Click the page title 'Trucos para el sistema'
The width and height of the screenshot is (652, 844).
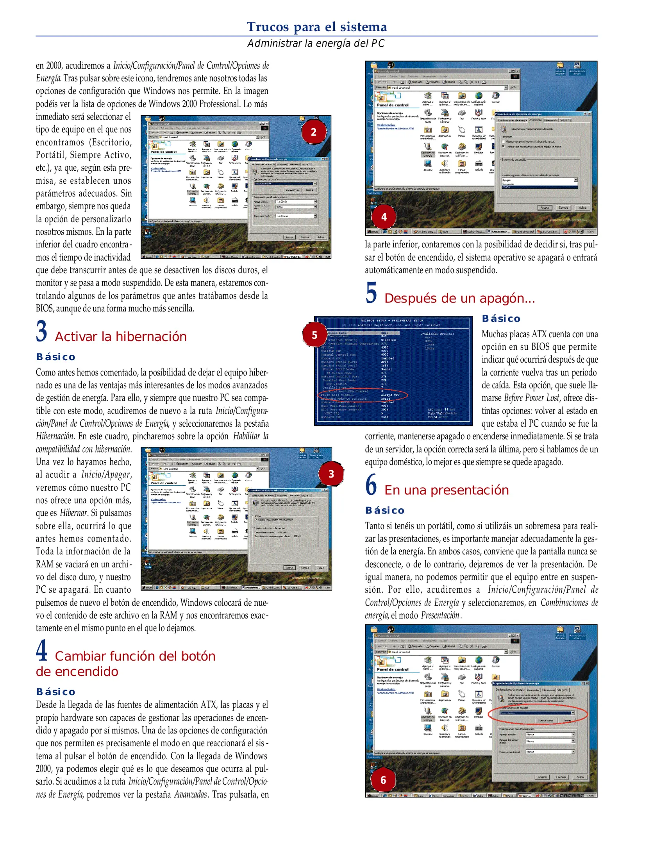coord(316,27)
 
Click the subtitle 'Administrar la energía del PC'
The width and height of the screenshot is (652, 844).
coord(316,43)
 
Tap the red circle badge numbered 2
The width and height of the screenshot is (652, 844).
coord(314,132)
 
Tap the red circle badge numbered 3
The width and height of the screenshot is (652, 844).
coord(331,474)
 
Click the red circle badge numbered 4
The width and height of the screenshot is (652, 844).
coord(384,217)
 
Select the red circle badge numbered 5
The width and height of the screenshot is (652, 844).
coord(314,335)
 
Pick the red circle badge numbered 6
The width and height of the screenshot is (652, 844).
coord(383,780)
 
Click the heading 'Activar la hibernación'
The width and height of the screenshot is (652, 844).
coord(121,336)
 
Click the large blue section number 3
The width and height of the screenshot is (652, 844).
coord(42,331)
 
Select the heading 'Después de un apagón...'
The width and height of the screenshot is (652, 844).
coord(459,298)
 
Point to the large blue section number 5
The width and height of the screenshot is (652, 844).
coord(371,293)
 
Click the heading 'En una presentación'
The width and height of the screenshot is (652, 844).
coord(447,490)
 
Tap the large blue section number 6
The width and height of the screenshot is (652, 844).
coord(371,485)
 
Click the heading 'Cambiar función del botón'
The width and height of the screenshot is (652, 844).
coord(135,656)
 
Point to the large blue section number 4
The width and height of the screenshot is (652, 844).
coord(42,651)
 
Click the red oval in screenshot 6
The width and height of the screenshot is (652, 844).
coord(538,713)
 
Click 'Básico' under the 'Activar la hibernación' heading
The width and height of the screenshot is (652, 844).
coord(55,357)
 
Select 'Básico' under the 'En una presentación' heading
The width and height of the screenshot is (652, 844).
coord(385,510)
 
